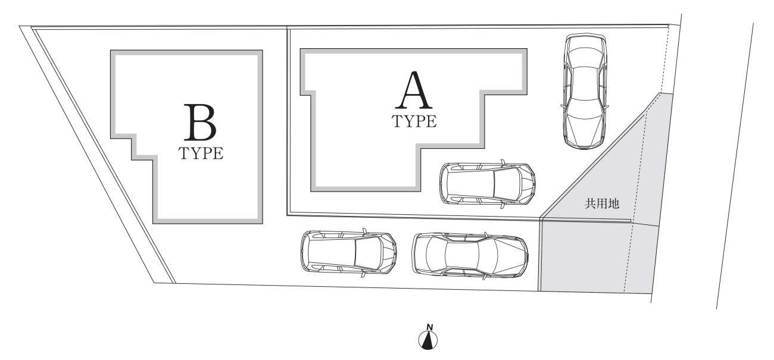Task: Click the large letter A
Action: coord(414,90)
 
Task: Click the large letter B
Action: coord(199,123)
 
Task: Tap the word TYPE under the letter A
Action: coord(414,121)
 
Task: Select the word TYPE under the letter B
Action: coord(201,154)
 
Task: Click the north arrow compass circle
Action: coord(427,340)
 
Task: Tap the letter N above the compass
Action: coord(429,327)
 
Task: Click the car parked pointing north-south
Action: coord(584,92)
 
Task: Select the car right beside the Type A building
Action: coord(488,184)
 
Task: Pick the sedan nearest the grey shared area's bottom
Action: coord(470,255)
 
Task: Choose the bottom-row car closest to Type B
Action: coord(349,253)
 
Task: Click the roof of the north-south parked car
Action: coord(584,83)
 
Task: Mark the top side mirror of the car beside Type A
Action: coord(503,161)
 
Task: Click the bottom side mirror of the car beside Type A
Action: coord(502,206)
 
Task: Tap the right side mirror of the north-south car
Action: coord(606,106)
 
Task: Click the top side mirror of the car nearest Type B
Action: coord(364,230)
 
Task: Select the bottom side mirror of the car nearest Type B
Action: coord(363,275)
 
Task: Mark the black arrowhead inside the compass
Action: coord(428,340)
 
